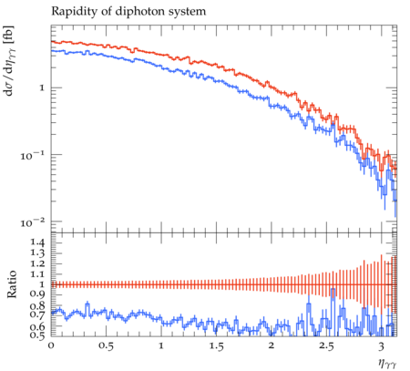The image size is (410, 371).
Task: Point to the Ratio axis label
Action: pos(11,283)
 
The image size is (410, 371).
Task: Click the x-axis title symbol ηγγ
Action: pos(387,363)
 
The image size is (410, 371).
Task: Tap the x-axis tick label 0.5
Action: pos(106,345)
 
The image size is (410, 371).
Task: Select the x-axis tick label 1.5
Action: pos(216,345)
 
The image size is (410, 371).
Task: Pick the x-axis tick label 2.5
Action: pos(326,345)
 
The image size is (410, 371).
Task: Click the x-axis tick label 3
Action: pos(382,345)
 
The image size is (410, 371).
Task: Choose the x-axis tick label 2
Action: pos(272,345)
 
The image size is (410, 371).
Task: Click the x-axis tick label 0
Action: pos(51,345)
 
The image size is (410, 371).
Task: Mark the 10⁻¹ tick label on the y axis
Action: pos(32,156)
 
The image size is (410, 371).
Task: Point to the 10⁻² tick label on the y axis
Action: pos(32,222)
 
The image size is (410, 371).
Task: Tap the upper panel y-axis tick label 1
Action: pos(42,88)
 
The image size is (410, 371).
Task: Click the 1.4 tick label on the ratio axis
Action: pos(37,242)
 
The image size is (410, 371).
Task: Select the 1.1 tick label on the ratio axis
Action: pos(37,274)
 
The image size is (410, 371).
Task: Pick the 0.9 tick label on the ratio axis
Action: pos(37,294)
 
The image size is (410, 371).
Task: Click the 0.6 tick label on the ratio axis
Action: pos(37,326)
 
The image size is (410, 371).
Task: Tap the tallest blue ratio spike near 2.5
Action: pos(333,310)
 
